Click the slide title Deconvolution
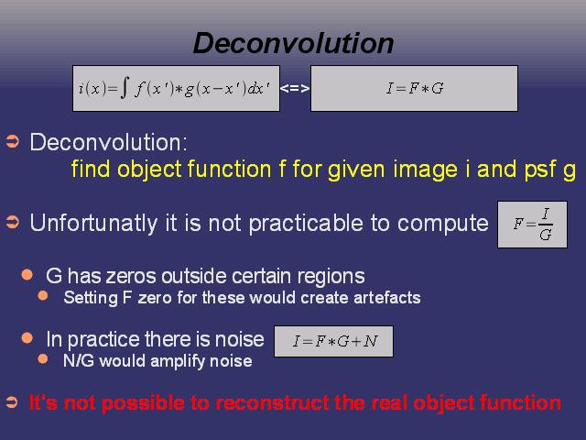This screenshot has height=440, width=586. (x=293, y=43)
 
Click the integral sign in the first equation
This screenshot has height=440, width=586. (x=125, y=88)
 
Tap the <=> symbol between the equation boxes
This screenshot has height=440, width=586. (x=295, y=88)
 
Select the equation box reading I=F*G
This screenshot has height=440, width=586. (x=414, y=88)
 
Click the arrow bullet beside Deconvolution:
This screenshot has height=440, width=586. (x=12, y=142)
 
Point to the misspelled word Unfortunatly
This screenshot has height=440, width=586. (x=93, y=224)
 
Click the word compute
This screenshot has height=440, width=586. (x=443, y=224)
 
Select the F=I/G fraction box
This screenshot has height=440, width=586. (x=532, y=225)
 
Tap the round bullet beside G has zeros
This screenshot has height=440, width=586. (x=27, y=275)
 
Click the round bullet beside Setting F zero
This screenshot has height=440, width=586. (x=43, y=296)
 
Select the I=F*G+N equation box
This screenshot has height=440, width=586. (x=333, y=341)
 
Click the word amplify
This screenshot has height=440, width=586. (x=178, y=361)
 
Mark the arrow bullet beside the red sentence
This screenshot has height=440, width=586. (x=12, y=402)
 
